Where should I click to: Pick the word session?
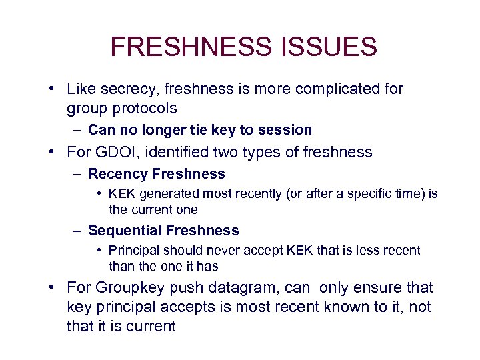pyautogui.click(x=288, y=130)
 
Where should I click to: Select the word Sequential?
pyautogui.click(x=125, y=231)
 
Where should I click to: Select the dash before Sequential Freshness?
pyautogui.click(x=77, y=231)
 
